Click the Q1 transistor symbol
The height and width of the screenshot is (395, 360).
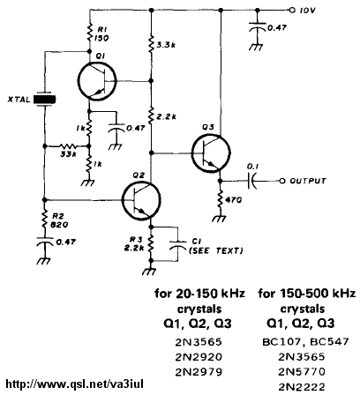tap(97, 80)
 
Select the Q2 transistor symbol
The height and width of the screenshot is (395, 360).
tap(141, 201)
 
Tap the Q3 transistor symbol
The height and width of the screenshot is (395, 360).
tap(211, 153)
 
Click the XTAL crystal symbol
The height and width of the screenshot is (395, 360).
tap(44, 100)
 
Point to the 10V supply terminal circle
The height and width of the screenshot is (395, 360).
tap(291, 11)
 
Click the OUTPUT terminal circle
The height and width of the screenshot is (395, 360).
tap(282, 181)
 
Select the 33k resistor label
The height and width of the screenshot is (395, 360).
tap(68, 154)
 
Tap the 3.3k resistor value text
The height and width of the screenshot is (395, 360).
tap(166, 45)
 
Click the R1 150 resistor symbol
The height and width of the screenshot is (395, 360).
tap(90, 33)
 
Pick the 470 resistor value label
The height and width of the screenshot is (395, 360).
tap(233, 200)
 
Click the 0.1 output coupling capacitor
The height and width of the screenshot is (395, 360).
tap(252, 181)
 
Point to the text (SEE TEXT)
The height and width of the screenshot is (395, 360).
tap(216, 250)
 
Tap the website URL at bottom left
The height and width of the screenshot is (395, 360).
tap(75, 384)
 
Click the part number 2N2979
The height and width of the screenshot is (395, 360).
tap(199, 372)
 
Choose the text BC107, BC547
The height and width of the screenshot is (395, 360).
tap(305, 342)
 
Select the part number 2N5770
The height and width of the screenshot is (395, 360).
tap(302, 372)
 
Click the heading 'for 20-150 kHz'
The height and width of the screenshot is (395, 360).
tap(199, 294)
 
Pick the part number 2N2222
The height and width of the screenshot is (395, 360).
tap(302, 387)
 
